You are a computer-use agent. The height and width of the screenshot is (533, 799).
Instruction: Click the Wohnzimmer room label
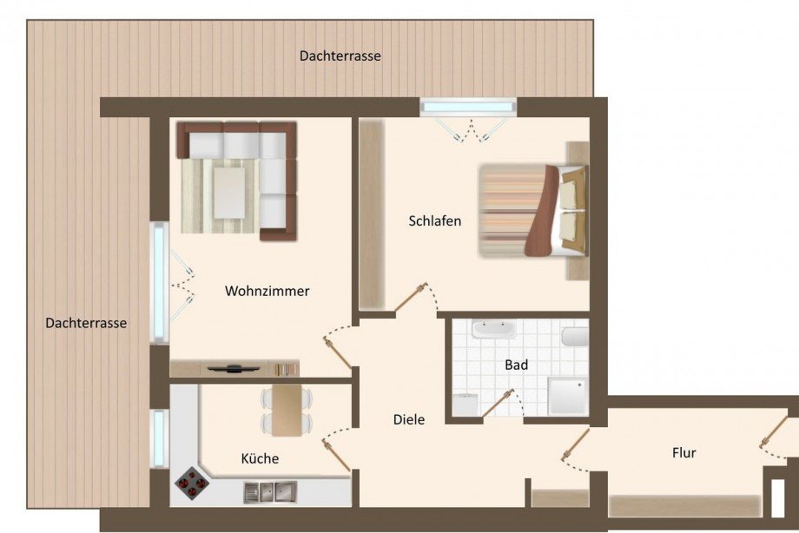click(x=267, y=292)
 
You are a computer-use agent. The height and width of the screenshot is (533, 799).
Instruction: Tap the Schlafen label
click(x=434, y=220)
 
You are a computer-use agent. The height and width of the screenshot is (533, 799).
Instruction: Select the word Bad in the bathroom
click(x=516, y=365)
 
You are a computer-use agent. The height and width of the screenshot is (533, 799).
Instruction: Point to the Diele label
click(x=409, y=419)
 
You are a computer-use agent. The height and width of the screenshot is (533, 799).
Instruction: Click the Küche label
click(x=260, y=458)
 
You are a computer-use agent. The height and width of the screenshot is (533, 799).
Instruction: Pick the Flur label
click(x=683, y=452)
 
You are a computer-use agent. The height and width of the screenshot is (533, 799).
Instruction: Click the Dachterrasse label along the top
click(x=340, y=56)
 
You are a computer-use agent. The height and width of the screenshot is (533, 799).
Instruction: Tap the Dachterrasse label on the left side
click(x=86, y=323)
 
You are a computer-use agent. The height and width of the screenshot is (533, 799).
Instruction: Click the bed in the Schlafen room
click(x=530, y=211)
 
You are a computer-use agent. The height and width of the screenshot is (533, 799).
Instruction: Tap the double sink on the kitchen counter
click(x=272, y=492)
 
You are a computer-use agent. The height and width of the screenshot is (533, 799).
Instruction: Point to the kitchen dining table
click(x=287, y=409)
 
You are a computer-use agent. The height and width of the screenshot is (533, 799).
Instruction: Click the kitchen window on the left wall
click(x=159, y=438)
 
